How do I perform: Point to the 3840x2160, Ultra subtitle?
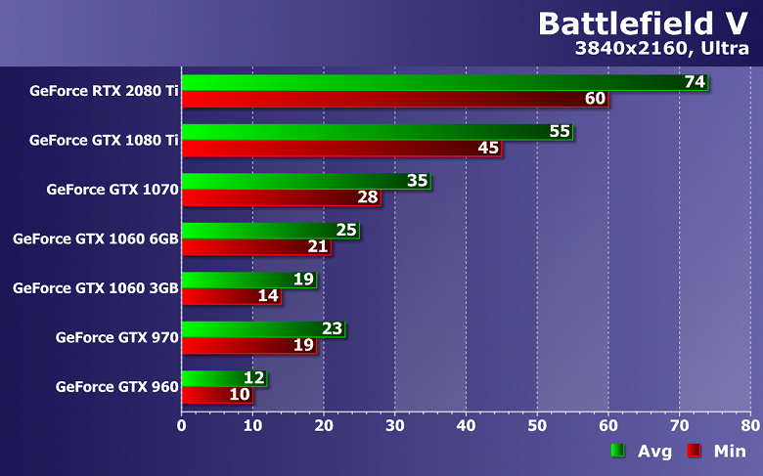pyautogui.click(x=666, y=48)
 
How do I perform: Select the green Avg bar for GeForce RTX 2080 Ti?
pyautogui.click(x=430, y=82)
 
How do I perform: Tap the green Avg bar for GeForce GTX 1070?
pyautogui.click(x=293, y=181)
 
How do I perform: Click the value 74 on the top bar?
pyautogui.click(x=695, y=82)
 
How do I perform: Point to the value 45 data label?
pyautogui.click(x=489, y=149)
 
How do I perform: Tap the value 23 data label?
pyautogui.click(x=332, y=328)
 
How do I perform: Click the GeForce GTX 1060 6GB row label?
pyautogui.click(x=95, y=238)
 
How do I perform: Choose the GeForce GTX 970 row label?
pyautogui.click(x=116, y=337)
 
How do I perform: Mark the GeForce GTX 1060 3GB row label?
pyautogui.click(x=95, y=288)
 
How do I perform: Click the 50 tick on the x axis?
pyautogui.click(x=537, y=425)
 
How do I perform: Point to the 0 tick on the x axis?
pyautogui.click(x=182, y=425)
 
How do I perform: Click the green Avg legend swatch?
pyautogui.click(x=617, y=452)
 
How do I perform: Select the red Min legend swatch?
pyautogui.click(x=694, y=452)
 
